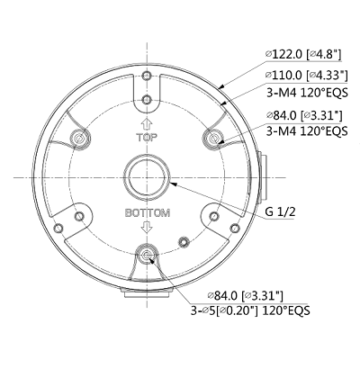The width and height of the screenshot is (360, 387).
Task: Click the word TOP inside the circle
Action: (147, 139)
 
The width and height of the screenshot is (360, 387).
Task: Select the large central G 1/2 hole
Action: (147, 176)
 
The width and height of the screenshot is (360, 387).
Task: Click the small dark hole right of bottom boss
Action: (184, 241)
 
